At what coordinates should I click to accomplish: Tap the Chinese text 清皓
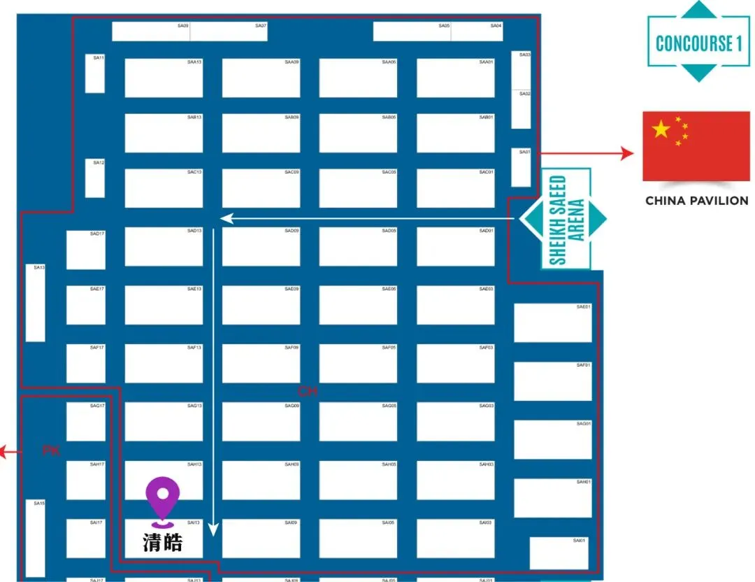(x=162, y=542)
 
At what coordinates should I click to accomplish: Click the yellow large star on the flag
(x=661, y=129)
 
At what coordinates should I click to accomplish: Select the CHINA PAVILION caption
(x=696, y=201)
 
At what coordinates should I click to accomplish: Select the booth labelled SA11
(x=95, y=73)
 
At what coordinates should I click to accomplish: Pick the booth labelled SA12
(x=95, y=178)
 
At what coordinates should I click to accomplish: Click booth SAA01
(x=455, y=78)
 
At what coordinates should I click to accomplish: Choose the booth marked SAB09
(x=261, y=133)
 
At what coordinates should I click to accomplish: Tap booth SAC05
(x=358, y=188)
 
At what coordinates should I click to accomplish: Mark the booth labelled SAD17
(x=86, y=250)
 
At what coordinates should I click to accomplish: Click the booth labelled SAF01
(x=552, y=381)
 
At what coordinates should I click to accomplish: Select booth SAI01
(x=559, y=553)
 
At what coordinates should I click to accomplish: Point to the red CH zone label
(x=307, y=392)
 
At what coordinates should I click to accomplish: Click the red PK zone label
(x=50, y=451)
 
